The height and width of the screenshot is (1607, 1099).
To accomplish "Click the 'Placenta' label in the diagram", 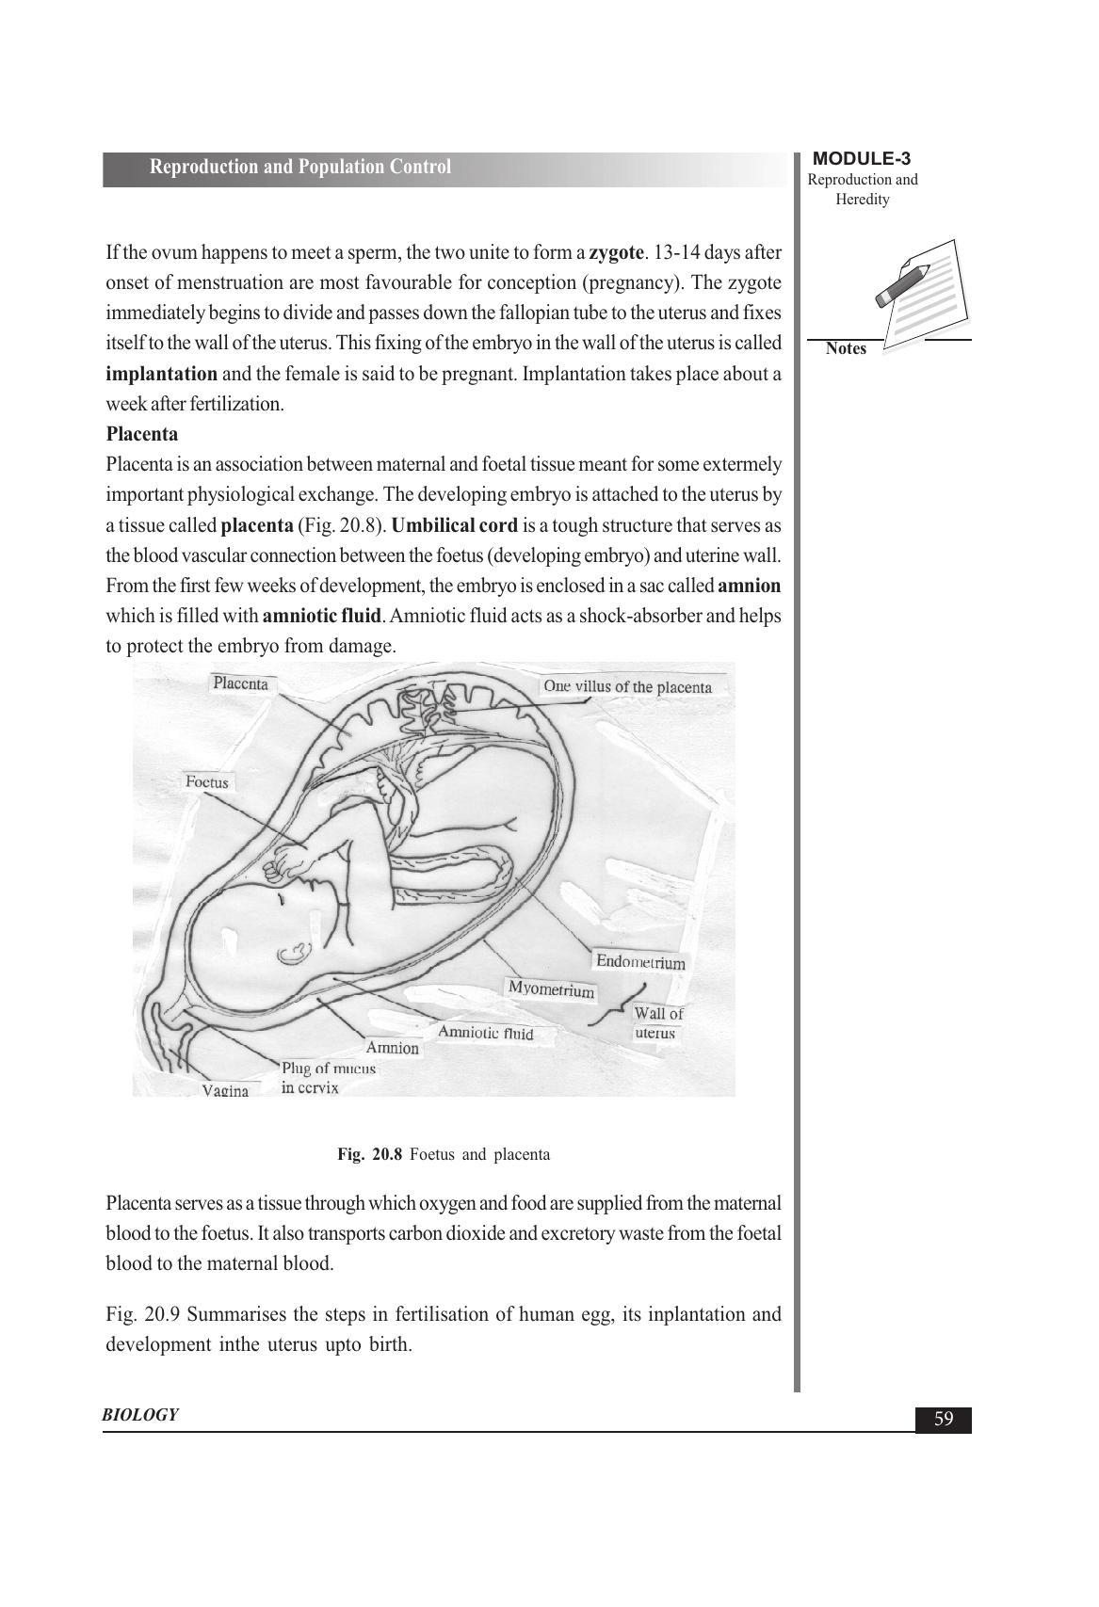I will pyautogui.click(x=240, y=683).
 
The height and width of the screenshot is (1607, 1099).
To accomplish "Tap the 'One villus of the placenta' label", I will pyautogui.click(x=627, y=686).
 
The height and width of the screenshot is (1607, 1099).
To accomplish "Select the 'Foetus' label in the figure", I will pyautogui.click(x=207, y=782).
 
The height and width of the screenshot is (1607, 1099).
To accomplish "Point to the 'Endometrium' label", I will pyautogui.click(x=640, y=962).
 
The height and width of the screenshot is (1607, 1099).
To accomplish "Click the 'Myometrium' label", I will pyautogui.click(x=551, y=989).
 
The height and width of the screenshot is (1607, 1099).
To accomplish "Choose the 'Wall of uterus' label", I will pyautogui.click(x=657, y=1023).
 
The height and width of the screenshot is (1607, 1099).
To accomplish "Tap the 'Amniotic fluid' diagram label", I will pyautogui.click(x=485, y=1033).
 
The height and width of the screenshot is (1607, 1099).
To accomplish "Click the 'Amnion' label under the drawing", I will pyautogui.click(x=392, y=1048).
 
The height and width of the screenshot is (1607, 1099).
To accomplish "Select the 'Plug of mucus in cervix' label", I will pyautogui.click(x=328, y=1078).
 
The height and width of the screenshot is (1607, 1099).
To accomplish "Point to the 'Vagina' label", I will pyautogui.click(x=225, y=1091).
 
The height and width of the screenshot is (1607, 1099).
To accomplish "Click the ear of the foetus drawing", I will pyautogui.click(x=293, y=955).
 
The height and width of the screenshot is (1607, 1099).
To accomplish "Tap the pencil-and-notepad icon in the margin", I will pyautogui.click(x=918, y=293).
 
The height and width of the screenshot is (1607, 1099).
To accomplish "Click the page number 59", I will pyautogui.click(x=944, y=1420).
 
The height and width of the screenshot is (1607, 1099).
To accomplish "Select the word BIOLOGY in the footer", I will pyautogui.click(x=140, y=1415).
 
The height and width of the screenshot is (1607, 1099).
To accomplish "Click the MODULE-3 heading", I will pyautogui.click(x=861, y=159).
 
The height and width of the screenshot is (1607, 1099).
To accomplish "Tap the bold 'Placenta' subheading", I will pyautogui.click(x=141, y=434).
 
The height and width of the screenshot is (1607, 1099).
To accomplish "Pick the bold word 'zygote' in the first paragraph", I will pyautogui.click(x=617, y=252).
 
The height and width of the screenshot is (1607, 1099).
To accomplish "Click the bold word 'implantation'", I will pyautogui.click(x=161, y=374).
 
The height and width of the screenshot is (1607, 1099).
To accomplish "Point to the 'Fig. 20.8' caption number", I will pyautogui.click(x=370, y=1154).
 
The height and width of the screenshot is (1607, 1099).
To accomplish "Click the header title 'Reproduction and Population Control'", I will pyautogui.click(x=300, y=168).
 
